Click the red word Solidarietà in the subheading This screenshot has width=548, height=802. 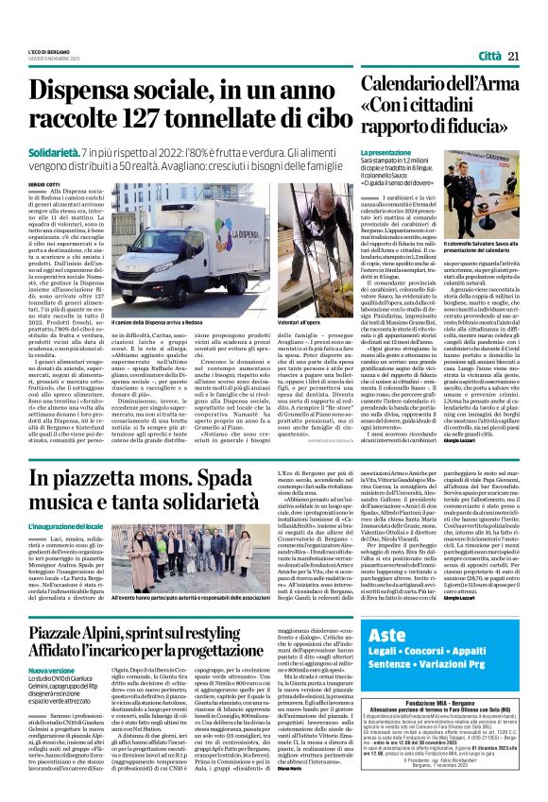pyautogui.click(x=77, y=151)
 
